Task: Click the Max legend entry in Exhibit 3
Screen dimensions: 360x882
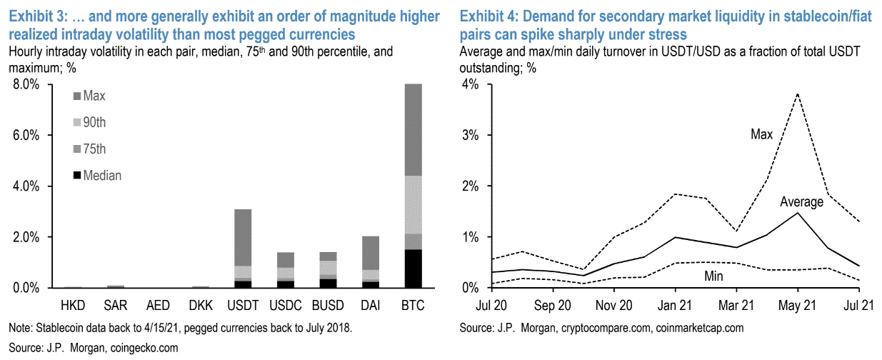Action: [x=94, y=95]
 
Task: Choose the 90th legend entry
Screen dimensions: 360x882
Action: [x=94, y=122]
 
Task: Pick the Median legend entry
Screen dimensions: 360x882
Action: [x=102, y=176]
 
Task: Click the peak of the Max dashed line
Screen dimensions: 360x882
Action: [x=797, y=94]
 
